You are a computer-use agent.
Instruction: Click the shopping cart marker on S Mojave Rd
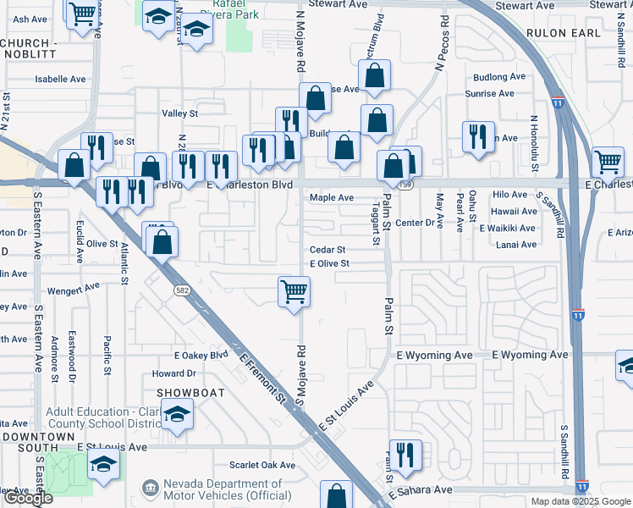coord(294,292)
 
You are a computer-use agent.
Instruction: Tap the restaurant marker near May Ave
coord(478,136)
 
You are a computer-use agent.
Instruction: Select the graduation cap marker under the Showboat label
coord(178,415)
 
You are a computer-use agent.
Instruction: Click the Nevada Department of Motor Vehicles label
coord(222,489)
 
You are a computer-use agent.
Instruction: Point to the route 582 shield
coord(181,290)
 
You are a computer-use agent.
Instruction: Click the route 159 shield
coord(408,184)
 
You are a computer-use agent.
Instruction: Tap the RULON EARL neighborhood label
coord(563,33)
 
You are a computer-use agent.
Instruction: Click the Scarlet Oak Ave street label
coord(262,465)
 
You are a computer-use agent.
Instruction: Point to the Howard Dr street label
coord(173,373)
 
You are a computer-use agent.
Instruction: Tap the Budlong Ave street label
coord(499,77)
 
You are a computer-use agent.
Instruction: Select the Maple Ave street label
coord(332,197)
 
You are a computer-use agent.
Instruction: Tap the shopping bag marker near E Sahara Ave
coord(337,495)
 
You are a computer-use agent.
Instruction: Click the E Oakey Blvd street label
coord(201,356)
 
